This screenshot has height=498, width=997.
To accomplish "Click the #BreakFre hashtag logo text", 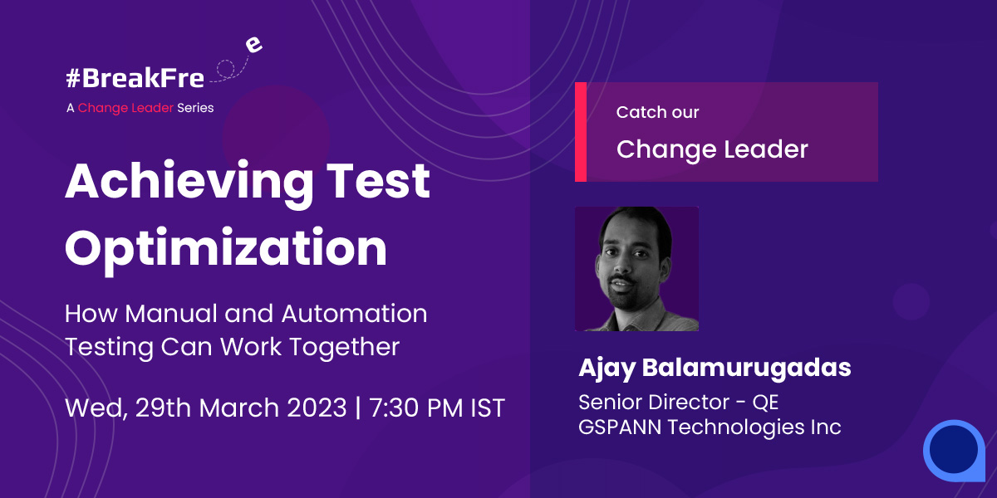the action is [x=135, y=78].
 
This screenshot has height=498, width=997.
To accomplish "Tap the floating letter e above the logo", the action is [x=253, y=45].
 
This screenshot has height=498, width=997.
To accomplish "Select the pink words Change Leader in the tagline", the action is [x=125, y=108].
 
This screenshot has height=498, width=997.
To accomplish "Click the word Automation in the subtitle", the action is [x=355, y=314].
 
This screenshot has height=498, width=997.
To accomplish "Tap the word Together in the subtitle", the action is [x=345, y=347].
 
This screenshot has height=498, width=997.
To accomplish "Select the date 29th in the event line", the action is [x=163, y=408].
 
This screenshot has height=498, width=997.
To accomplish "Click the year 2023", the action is [x=317, y=408].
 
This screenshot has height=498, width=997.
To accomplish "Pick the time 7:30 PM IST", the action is [x=437, y=408].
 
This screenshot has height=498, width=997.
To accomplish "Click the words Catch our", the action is [x=657, y=112].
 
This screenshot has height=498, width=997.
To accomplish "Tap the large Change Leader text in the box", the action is [x=712, y=149].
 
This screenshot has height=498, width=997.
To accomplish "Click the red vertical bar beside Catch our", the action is [x=581, y=132].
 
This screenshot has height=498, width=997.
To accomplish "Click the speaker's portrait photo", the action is [x=636, y=269].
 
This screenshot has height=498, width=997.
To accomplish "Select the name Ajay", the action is [x=607, y=369].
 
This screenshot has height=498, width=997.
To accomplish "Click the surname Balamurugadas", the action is [x=746, y=368].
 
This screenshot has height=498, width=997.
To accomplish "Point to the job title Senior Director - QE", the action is [x=678, y=403].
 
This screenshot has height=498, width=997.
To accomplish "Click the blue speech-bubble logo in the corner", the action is [x=955, y=451].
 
